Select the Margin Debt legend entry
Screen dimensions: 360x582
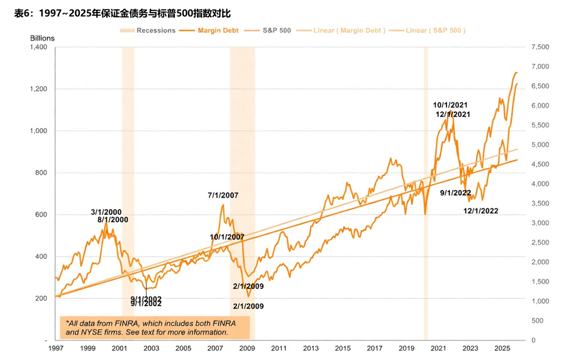[x=218, y=31]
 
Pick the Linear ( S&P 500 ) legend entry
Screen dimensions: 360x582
[x=436, y=31]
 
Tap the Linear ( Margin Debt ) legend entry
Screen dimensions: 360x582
[x=349, y=31]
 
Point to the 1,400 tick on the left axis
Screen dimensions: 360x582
[x=38, y=47]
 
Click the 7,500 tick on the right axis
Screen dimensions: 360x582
[x=541, y=47]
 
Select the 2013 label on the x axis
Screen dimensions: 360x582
[x=311, y=349]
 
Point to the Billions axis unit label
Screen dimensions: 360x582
[x=42, y=38]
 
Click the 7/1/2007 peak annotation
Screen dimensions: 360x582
[x=223, y=196]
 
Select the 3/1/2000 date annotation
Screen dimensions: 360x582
[x=106, y=212]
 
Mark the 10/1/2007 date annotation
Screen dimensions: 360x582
[x=227, y=237]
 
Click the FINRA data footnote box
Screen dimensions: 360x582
[x=155, y=328]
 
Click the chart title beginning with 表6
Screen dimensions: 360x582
[x=122, y=13]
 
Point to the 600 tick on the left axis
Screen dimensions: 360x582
[x=41, y=215]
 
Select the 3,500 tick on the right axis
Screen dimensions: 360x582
[x=541, y=203]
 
